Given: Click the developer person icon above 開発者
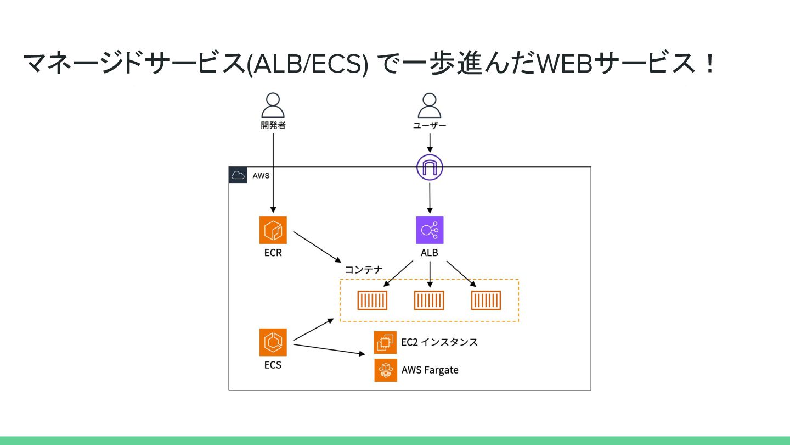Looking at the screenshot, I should pos(273,105).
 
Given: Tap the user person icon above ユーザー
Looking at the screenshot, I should pos(430,105).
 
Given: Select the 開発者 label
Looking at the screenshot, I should pos(273,125).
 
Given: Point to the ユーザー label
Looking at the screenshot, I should pos(430,126).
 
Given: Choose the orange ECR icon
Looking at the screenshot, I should pos(273,230).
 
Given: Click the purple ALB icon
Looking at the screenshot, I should pos(430,230).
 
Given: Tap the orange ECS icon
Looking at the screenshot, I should pos(273,342).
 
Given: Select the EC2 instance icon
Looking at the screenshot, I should pos(385,342).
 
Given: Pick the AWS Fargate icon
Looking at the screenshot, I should pos(385,370).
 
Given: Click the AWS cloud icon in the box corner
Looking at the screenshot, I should pos(238,176).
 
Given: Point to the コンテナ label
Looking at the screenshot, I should pos(363,270).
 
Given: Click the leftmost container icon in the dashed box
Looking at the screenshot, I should pos(373,301).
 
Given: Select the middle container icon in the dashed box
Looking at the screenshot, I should pos(429,301).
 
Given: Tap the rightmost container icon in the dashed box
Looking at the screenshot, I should pos(486,301).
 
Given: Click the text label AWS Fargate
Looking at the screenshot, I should pos(430,370).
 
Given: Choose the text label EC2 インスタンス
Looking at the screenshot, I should pos(439,342).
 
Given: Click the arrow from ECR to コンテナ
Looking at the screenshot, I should pos(317,246).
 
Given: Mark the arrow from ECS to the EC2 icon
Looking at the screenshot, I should pos(329,349).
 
